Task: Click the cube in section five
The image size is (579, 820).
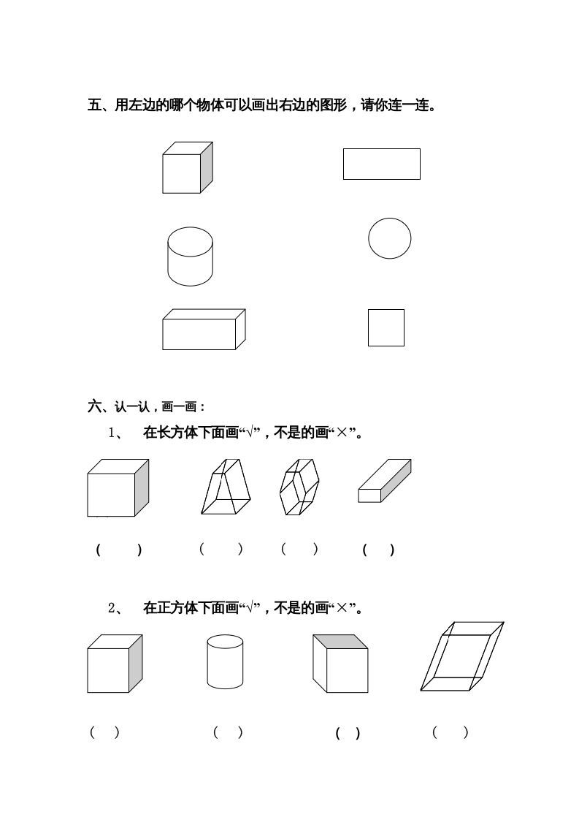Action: click(186, 168)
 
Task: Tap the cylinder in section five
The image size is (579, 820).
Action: click(190, 256)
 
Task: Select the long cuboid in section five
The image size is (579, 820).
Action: click(203, 330)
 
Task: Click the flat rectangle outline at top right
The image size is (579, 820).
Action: click(381, 164)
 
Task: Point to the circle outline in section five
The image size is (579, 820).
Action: click(389, 238)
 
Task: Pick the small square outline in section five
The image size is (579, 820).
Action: click(386, 327)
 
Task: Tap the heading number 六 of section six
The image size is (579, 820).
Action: click(94, 406)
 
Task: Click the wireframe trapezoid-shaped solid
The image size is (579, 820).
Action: click(226, 487)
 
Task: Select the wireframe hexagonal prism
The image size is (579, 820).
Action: click(299, 487)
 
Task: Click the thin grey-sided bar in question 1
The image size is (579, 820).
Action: click(384, 481)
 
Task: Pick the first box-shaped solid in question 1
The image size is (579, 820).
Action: click(117, 488)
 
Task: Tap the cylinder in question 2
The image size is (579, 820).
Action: click(225, 661)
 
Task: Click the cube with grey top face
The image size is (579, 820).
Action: click(340, 664)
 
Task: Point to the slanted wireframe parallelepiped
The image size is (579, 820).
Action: click(462, 656)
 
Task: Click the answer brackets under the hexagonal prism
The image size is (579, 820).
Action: click(299, 550)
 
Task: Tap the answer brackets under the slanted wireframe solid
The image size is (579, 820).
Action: click(450, 732)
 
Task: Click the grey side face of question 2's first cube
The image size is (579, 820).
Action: click(135, 662)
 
